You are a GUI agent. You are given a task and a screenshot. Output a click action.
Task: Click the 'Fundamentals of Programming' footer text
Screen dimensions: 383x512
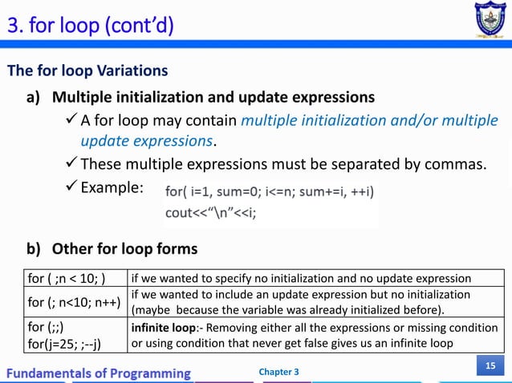click(100, 373)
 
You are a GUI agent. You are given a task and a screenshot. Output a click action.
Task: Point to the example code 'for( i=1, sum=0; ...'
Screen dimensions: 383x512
click(269, 191)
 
